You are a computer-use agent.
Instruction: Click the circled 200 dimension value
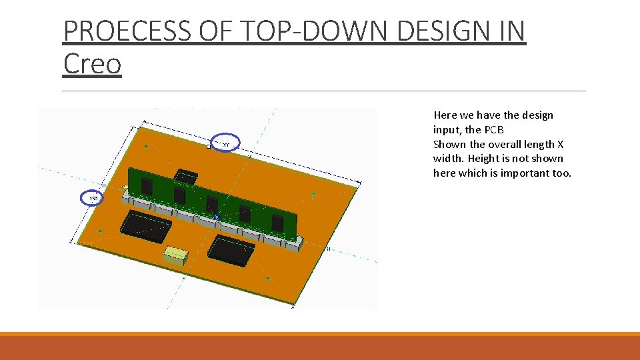click(x=225, y=145)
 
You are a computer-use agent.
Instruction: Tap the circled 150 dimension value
click(x=93, y=199)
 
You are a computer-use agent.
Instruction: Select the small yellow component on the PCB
click(x=176, y=255)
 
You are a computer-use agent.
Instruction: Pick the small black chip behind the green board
click(x=186, y=176)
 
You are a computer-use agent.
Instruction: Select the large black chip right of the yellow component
click(x=231, y=249)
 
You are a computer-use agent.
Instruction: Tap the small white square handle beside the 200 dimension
click(x=209, y=147)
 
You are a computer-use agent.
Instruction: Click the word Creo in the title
click(x=92, y=64)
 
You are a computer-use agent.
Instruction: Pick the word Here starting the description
click(x=445, y=115)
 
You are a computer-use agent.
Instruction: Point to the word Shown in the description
click(x=449, y=145)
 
